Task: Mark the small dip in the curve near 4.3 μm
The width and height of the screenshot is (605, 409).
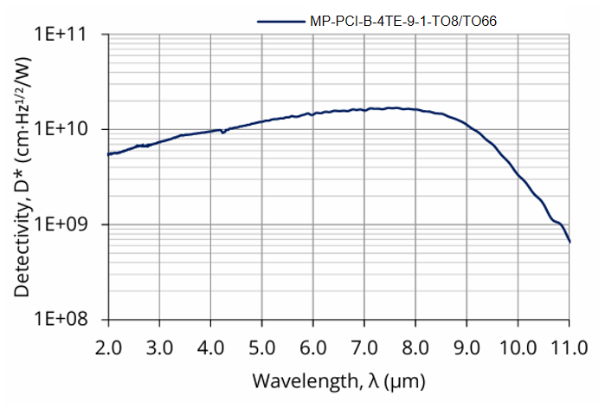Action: coord(224,132)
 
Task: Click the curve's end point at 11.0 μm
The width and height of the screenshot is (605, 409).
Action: coord(570,241)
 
